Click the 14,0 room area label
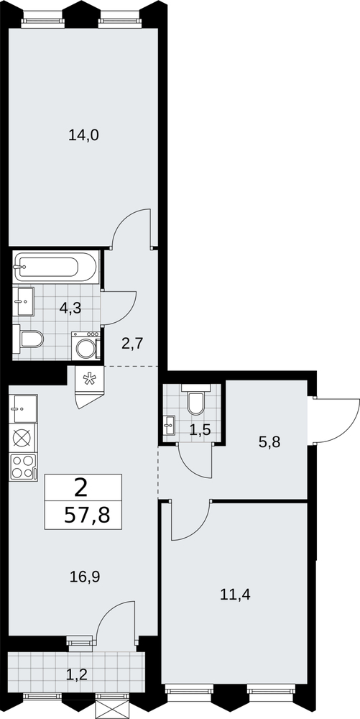[x=84, y=135]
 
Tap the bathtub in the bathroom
[x=55, y=267]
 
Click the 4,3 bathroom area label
[x=70, y=308]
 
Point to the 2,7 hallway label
[x=133, y=343]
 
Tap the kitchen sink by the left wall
[x=24, y=408]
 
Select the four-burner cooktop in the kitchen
[x=23, y=467]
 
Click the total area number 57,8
[x=87, y=516]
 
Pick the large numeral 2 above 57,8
[x=81, y=489]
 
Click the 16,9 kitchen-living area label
[x=85, y=577]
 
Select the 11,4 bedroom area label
[x=236, y=595]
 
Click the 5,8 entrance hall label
[x=269, y=442]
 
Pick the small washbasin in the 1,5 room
[x=169, y=425]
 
